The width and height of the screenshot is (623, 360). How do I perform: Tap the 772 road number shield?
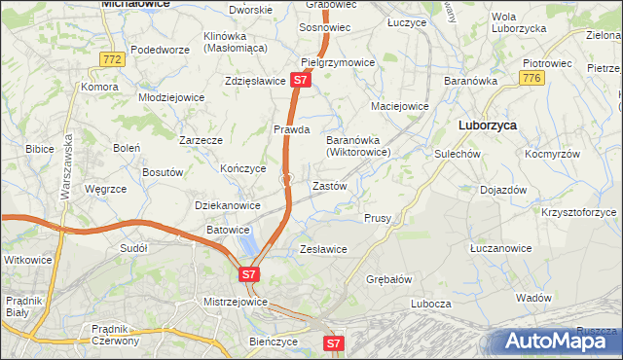click(x=112, y=60)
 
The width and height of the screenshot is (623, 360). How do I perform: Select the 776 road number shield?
click(x=531, y=78)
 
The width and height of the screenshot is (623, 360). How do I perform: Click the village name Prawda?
click(x=291, y=129)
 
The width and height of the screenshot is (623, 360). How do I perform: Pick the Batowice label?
click(x=227, y=230)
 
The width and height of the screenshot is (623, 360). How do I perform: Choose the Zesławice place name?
click(x=323, y=249)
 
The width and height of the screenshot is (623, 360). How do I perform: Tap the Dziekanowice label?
click(x=228, y=206)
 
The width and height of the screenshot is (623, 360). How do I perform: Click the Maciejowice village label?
click(x=400, y=105)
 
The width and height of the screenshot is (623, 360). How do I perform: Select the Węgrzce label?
click(x=103, y=190)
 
